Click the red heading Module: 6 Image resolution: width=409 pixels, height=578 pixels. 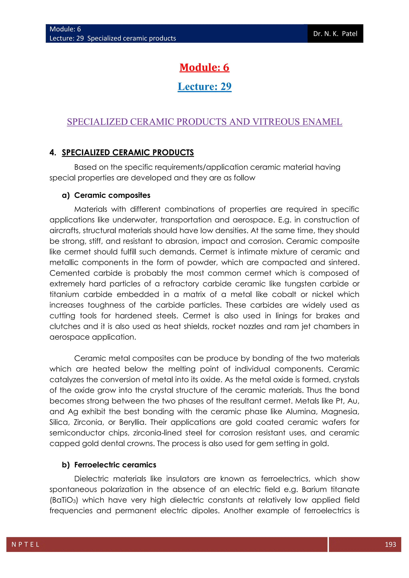click(x=204, y=67)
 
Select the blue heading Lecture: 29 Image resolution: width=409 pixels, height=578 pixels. click(x=204, y=87)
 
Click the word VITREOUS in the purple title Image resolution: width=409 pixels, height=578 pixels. click(x=276, y=122)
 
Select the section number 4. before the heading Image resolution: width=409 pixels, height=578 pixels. click(x=53, y=152)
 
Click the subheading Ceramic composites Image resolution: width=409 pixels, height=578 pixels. click(x=112, y=195)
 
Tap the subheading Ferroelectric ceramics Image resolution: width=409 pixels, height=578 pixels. click(x=115, y=465)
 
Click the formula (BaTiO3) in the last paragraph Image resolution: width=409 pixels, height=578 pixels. click(x=64, y=500)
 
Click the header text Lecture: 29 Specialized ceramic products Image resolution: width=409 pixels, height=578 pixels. click(x=113, y=38)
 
